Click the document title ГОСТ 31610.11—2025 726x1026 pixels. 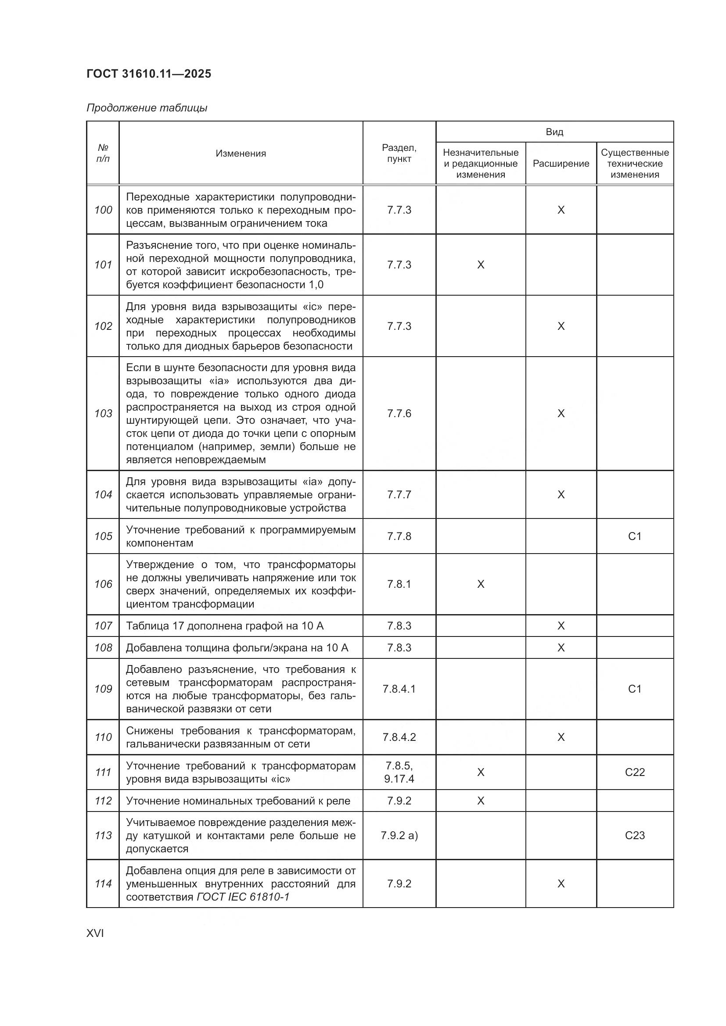point(148,74)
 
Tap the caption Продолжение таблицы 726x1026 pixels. point(147,108)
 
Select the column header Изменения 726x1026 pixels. point(241,153)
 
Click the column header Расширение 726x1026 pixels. point(561,164)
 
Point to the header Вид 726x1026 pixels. point(554,132)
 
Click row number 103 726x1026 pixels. point(103,413)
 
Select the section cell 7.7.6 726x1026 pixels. point(399,413)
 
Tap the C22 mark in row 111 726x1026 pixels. point(634,772)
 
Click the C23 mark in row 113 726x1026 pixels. point(634,836)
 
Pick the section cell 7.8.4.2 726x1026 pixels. point(399,737)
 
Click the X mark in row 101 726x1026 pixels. point(481,265)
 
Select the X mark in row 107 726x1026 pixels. point(561,626)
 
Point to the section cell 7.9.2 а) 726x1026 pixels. point(399,836)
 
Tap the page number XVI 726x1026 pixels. point(95,933)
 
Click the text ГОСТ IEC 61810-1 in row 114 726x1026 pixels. point(243,897)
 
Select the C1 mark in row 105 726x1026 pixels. point(634,536)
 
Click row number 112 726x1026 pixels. point(103,801)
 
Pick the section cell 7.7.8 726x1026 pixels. point(399,536)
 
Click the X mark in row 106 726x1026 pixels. point(481,584)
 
